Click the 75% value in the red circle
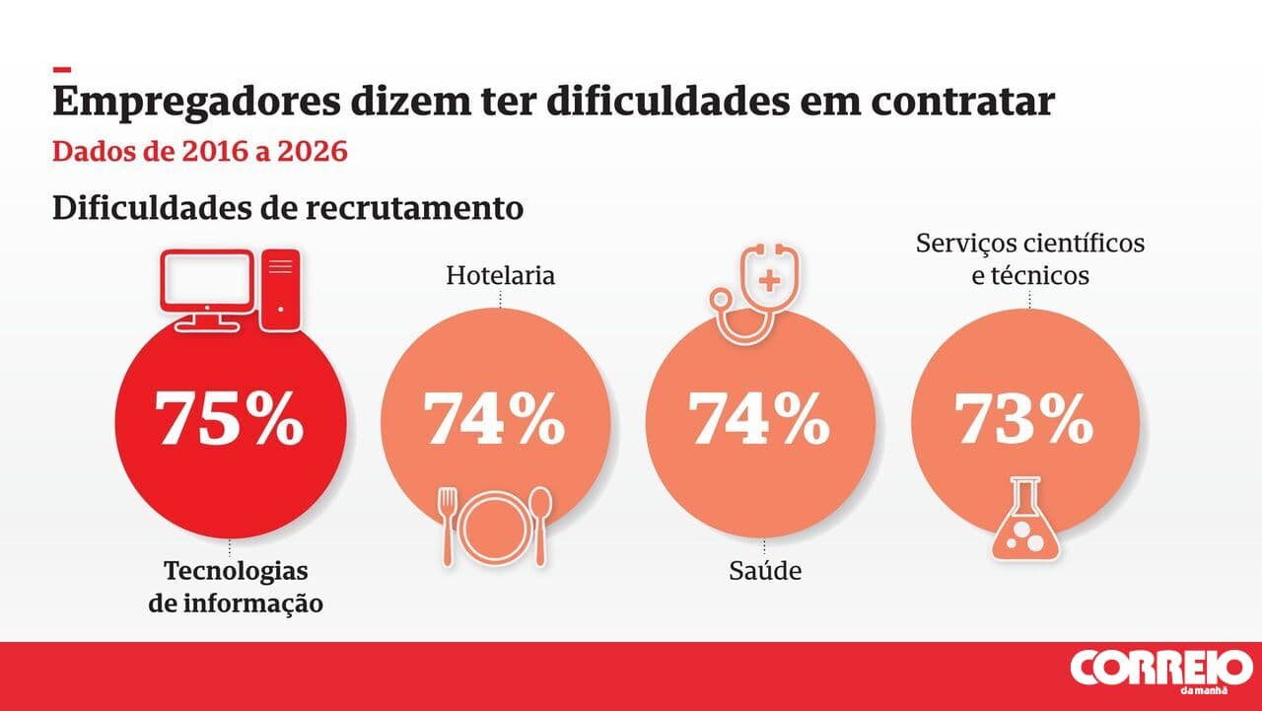coord(231,419)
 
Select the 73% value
coord(1024,419)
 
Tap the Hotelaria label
coord(500,275)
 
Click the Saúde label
coord(765,570)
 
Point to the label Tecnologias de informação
coord(236,587)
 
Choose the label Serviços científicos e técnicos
coord(1030,258)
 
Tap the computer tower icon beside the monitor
coord(281,286)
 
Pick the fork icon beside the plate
coord(449,526)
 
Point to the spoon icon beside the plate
coord(540,526)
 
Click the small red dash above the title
coord(62,70)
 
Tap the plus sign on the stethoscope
coord(769,280)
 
